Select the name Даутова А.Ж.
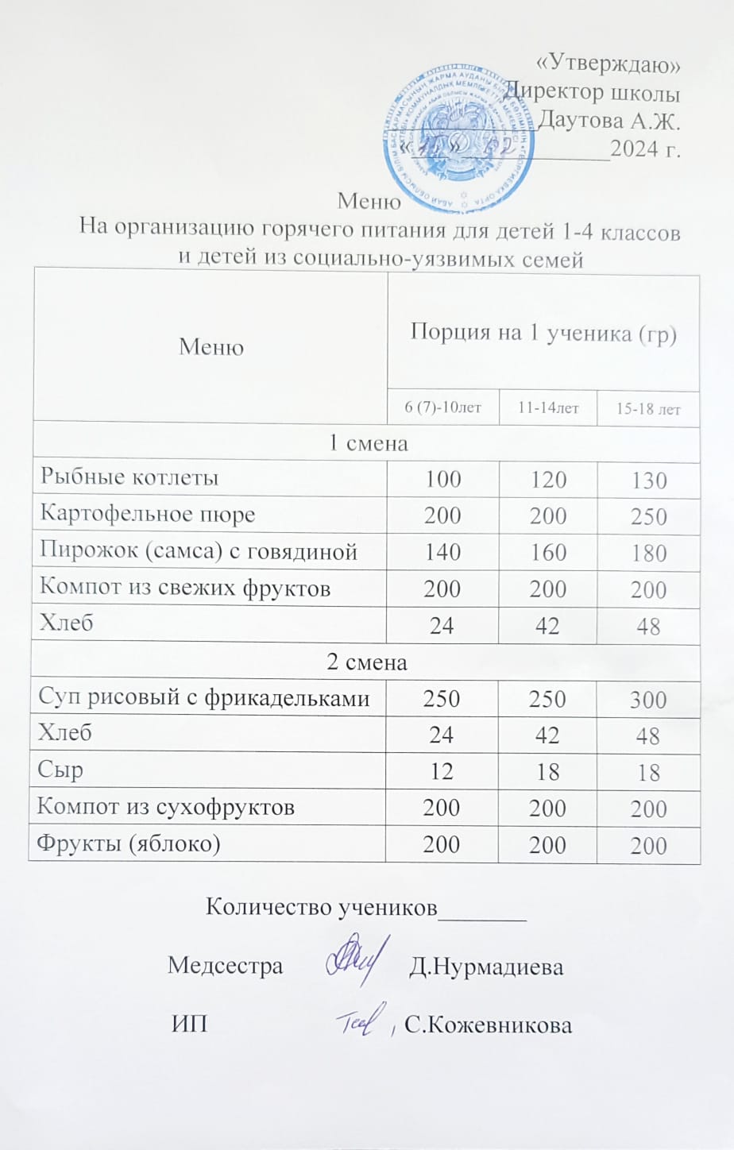coord(610,122)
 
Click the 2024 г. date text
coord(646,148)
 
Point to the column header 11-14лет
coord(547,408)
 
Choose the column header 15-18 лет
coord(648,410)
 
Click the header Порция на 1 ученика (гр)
coord(543,334)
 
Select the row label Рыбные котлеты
coord(129,477)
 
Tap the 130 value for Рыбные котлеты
coord(648,480)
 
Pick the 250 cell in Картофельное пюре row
coord(648,517)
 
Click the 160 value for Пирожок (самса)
coord(547,553)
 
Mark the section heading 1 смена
coord(368,444)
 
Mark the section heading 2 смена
coord(367,662)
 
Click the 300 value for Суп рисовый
coord(648,700)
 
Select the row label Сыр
coord(61,770)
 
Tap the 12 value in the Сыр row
coord(442,772)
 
